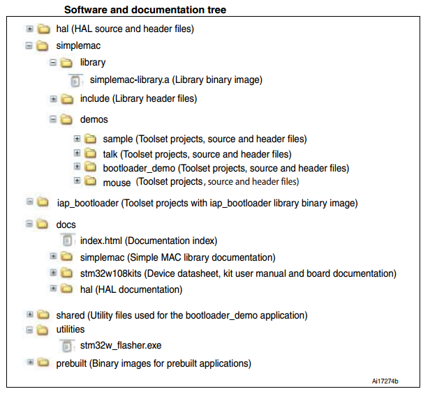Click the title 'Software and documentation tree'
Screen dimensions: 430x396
point(145,10)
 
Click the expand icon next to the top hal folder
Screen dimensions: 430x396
point(29,29)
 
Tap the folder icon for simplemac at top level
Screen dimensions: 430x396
point(43,46)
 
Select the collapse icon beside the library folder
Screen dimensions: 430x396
point(53,63)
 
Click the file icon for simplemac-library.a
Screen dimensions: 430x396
point(75,80)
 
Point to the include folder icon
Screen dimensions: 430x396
point(67,99)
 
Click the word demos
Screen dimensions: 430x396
point(94,120)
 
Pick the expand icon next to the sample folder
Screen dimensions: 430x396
point(77,139)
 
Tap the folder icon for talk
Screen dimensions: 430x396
point(90,153)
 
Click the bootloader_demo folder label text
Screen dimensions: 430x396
point(139,168)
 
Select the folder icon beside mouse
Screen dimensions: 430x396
point(90,181)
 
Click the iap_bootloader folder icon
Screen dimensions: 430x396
point(43,202)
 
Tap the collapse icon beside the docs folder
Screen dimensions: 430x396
point(29,224)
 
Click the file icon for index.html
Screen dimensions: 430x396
point(68,240)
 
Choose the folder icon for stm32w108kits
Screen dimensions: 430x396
point(66,273)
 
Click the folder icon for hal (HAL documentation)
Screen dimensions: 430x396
point(66,289)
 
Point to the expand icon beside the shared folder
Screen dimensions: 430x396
point(29,314)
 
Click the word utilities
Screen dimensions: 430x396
point(71,329)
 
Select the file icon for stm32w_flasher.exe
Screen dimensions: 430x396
point(67,346)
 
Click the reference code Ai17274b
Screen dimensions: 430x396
point(385,381)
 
